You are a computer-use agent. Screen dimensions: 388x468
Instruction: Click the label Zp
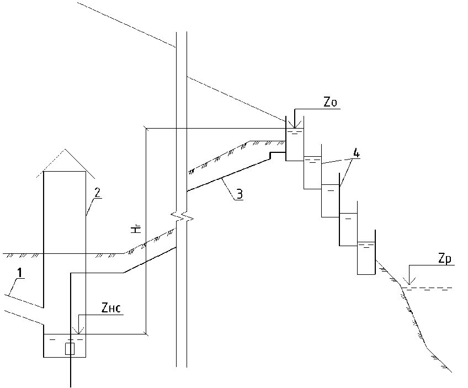coord(445,259)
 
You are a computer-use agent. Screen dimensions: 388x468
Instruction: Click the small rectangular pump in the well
coord(70,348)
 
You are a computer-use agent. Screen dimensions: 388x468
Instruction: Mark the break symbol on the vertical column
coord(182,215)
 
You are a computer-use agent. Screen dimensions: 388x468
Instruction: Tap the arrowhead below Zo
coord(295,126)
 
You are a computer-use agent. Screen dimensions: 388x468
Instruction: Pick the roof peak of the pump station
coord(65,150)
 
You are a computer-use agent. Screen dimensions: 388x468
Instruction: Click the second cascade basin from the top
coord(312,172)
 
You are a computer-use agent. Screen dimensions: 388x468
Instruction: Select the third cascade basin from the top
coord(330,200)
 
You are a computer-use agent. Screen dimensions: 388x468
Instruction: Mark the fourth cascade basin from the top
coord(348,229)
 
